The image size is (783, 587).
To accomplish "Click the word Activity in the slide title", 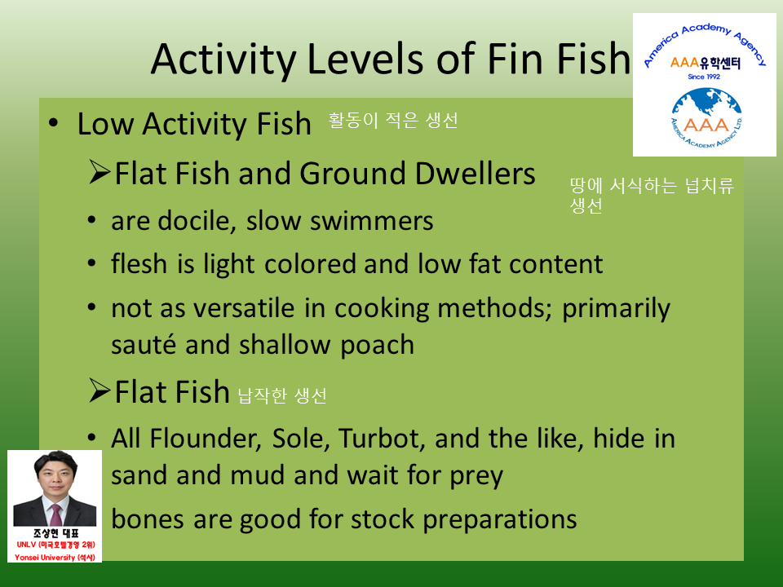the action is point(223,60).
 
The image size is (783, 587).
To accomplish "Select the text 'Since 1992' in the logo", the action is point(704,77).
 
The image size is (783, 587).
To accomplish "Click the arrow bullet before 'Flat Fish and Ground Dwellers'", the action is point(100,172).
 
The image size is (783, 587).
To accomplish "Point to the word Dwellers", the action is point(475,174).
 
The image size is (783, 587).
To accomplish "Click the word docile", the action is point(197,221).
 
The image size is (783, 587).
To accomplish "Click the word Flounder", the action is point(206,439).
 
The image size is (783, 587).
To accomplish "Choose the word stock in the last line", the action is point(383,519).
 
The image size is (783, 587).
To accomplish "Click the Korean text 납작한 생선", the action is point(282,395).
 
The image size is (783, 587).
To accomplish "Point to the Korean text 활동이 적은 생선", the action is point(393,121).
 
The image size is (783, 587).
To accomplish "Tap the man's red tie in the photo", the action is point(55,514).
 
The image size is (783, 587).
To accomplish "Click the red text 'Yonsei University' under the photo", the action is point(45,557).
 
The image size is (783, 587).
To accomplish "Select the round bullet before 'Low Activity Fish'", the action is point(53,123).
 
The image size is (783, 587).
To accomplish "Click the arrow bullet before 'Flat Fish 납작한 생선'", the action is point(100,390).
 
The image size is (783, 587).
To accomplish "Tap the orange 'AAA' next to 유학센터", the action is point(684,63).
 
